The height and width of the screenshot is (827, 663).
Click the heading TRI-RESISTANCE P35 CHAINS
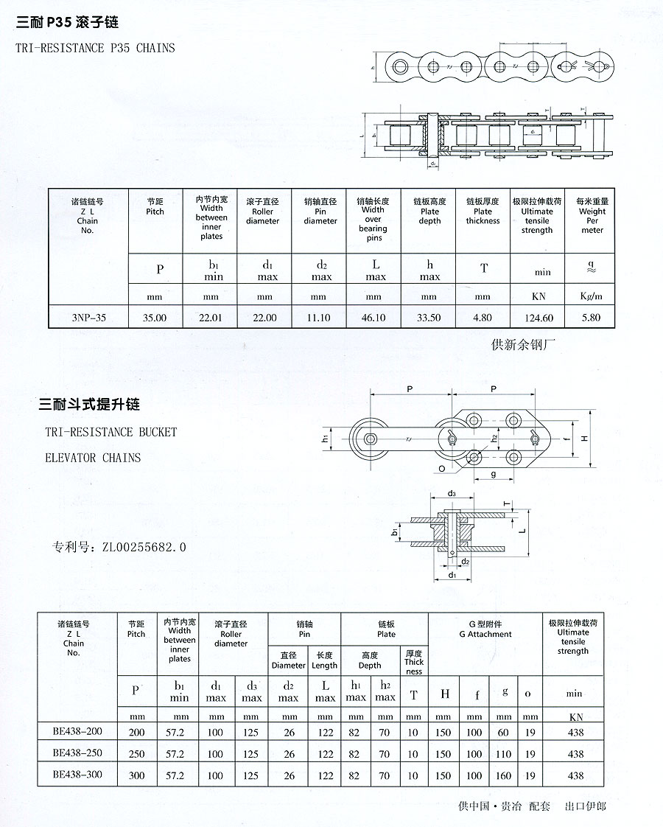click(95, 48)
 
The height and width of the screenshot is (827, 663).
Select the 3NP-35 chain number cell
click(88, 318)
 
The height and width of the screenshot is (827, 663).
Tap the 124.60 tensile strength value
click(537, 318)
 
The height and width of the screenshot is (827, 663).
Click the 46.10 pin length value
click(373, 318)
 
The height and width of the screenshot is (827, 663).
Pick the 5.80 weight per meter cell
click(591, 318)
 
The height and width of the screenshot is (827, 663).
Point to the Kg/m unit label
click(591, 296)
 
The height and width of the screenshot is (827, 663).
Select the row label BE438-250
click(77, 753)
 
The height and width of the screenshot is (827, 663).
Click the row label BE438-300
click(77, 775)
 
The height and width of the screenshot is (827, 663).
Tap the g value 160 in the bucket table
click(504, 775)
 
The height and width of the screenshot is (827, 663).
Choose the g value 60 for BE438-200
click(504, 733)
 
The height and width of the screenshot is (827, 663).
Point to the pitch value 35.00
click(155, 318)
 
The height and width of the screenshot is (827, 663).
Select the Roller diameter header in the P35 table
click(263, 216)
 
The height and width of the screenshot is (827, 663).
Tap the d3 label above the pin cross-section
click(451, 493)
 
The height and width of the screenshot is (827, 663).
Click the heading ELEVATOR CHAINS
click(93, 458)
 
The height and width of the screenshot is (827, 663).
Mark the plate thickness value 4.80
click(483, 318)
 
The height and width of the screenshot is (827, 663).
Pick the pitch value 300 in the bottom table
click(136, 775)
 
